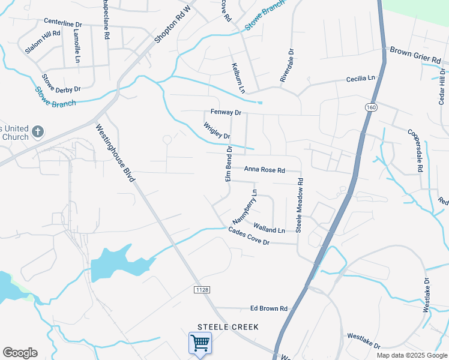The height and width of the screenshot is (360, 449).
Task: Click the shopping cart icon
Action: (200, 343)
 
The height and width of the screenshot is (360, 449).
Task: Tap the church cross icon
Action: (38, 131)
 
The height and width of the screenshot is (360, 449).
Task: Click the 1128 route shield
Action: (202, 289)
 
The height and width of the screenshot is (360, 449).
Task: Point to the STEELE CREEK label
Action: (228, 327)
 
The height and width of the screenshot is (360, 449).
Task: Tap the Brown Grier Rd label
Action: (415, 56)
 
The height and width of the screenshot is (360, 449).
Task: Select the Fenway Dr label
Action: (226, 112)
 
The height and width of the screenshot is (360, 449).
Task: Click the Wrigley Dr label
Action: (217, 131)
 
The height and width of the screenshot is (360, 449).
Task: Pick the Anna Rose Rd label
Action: (264, 170)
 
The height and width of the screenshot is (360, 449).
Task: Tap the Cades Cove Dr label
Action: (249, 236)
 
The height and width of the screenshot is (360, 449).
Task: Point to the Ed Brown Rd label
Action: (269, 308)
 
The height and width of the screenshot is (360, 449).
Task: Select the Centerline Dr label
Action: (62, 23)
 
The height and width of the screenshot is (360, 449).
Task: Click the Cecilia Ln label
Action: (360, 79)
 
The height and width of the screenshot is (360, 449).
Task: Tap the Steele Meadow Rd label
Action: (298, 205)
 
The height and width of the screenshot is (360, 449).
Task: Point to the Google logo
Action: (20, 353)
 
